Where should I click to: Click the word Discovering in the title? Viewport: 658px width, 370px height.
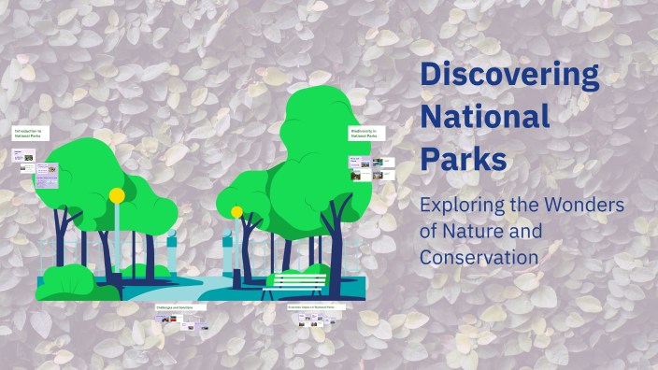pyautogui.click(x=509, y=74)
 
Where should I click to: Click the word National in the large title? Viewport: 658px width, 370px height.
pyautogui.click(x=485, y=116)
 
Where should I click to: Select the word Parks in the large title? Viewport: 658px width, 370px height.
pyautogui.click(x=464, y=157)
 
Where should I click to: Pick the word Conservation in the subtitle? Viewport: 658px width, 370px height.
pyautogui.click(x=479, y=255)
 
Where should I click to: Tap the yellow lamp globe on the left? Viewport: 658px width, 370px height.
pyautogui.click(x=117, y=195)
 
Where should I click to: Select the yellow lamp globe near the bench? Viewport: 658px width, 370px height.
pyautogui.click(x=237, y=212)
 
